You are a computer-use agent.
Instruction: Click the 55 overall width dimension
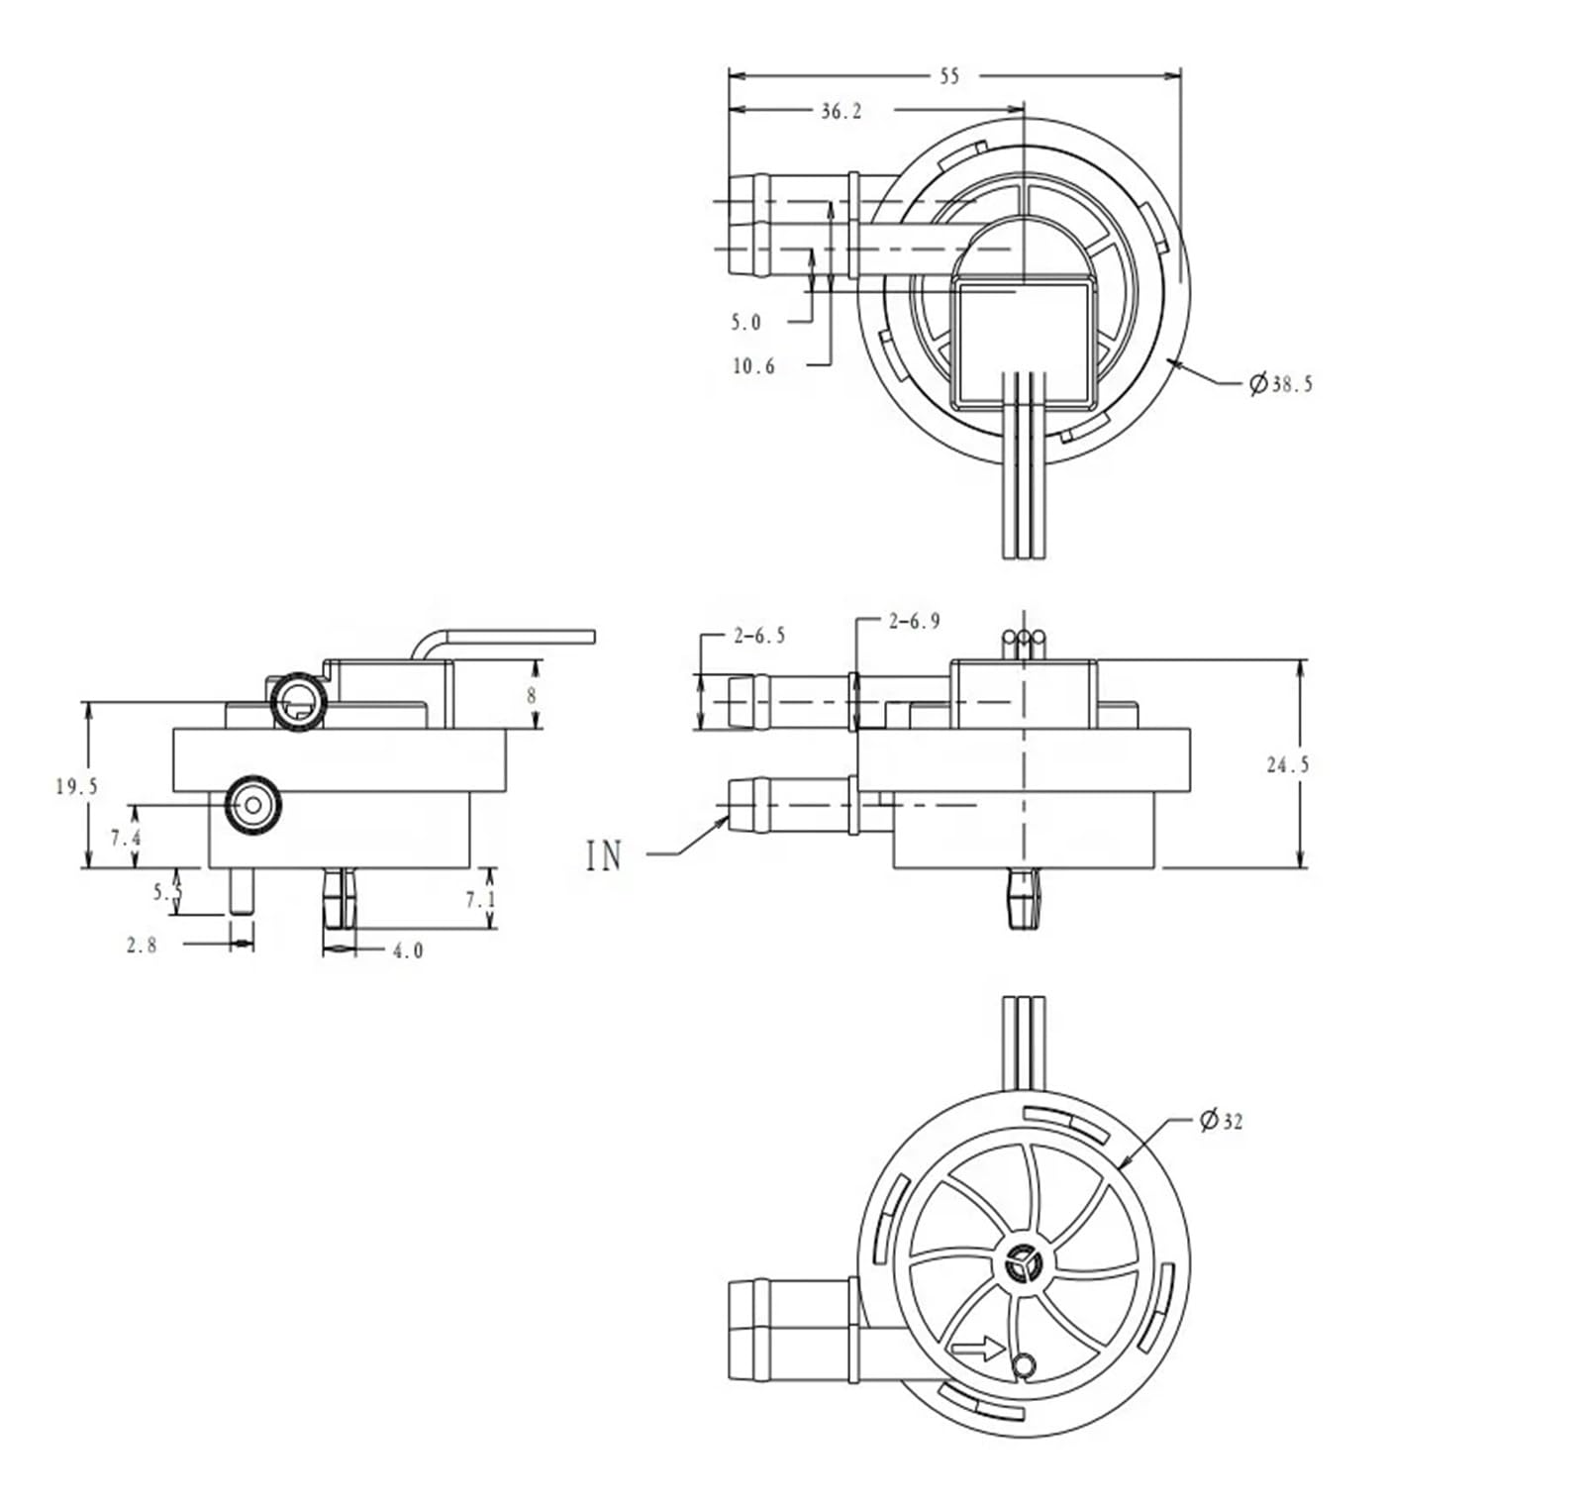tap(948, 76)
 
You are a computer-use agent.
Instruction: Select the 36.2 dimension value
tap(841, 112)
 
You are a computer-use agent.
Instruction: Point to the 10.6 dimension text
tap(753, 366)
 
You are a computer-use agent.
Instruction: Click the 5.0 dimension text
tap(746, 322)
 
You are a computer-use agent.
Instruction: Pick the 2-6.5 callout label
tap(759, 636)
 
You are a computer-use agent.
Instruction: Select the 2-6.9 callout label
tap(914, 622)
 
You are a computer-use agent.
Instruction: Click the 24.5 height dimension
tap(1287, 764)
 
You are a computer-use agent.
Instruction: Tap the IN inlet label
tap(604, 854)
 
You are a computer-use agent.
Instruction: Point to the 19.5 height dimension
tap(76, 787)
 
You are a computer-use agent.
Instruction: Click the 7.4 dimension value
tap(126, 838)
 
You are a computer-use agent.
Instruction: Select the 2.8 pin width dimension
tap(142, 945)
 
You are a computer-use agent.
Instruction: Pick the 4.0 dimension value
tap(408, 951)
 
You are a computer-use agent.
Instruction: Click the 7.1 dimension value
tap(479, 899)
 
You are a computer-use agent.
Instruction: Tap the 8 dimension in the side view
tap(532, 695)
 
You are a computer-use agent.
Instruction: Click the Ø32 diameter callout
tap(1222, 1121)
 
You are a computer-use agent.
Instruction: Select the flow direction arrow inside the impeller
tap(976, 1348)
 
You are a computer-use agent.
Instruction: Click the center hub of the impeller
tap(1023, 1263)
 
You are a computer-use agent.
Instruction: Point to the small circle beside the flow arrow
tap(1025, 1367)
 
